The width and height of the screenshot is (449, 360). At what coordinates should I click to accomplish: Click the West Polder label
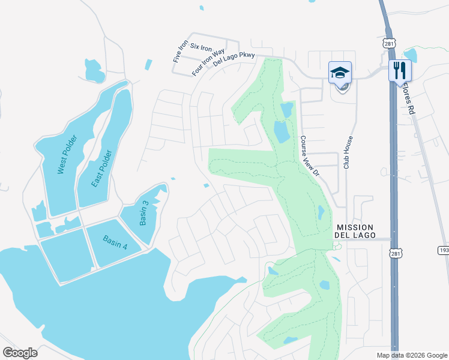tap(64, 158)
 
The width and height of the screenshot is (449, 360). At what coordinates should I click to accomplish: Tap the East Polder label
tap(103, 168)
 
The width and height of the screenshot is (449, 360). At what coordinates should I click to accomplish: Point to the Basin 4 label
tap(115, 243)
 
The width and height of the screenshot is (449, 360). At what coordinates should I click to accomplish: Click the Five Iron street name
tap(177, 52)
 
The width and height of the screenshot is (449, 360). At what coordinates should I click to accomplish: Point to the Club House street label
tap(346, 152)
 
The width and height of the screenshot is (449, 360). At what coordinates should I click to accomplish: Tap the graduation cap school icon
tap(340, 73)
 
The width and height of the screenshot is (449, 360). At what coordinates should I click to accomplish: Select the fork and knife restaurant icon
tap(397, 71)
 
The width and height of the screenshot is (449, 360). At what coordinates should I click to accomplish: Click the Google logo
tap(20, 353)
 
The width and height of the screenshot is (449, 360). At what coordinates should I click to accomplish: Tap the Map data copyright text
tap(412, 355)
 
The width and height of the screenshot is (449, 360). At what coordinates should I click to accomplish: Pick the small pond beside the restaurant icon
tap(411, 55)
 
